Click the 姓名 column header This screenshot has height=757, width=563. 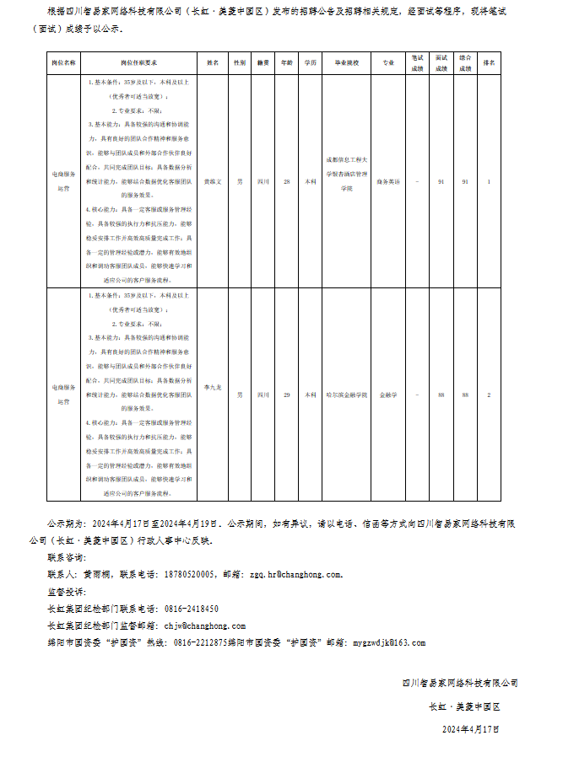point(213,63)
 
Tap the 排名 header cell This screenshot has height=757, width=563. point(489,63)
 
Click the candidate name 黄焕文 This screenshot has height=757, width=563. point(213,181)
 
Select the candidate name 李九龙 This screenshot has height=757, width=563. point(213,387)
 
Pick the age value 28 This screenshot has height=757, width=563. point(287,181)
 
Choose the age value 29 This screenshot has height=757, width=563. point(287,395)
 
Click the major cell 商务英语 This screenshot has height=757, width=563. point(388,181)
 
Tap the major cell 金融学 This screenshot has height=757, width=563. point(388,395)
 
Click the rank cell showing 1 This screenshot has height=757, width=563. point(489,181)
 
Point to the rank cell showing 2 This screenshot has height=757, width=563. point(489,395)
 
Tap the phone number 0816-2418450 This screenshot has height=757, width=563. point(190,609)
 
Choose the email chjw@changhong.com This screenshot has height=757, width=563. point(204,625)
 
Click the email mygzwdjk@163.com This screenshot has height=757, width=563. point(388,642)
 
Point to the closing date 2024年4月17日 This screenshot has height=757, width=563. point(471,728)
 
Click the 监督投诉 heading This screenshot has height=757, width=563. point(67,592)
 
